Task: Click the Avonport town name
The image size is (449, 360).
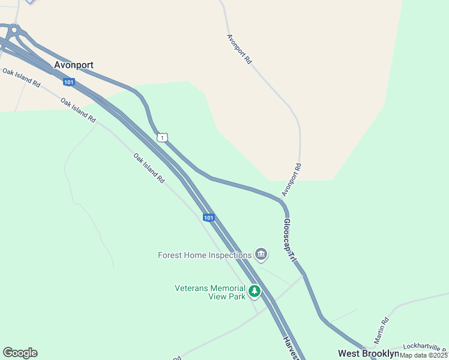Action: coord(74,65)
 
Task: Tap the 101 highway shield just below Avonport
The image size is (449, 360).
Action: coord(68,81)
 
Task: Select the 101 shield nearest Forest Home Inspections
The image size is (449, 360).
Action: coord(208,217)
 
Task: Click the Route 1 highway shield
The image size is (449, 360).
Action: coord(163,138)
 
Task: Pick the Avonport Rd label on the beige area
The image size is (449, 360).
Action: coord(239,49)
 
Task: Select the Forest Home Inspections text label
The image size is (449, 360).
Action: coord(204,255)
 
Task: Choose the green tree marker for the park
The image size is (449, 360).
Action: coord(255,292)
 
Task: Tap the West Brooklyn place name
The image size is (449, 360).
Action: coord(368,353)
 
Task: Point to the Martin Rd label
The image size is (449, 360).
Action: coord(382,331)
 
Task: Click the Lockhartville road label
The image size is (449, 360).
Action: coord(424,346)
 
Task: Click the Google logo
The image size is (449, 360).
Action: coord(20,353)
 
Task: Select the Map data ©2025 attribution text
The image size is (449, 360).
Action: coord(424,355)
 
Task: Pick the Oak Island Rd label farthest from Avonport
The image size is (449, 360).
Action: coord(149,168)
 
